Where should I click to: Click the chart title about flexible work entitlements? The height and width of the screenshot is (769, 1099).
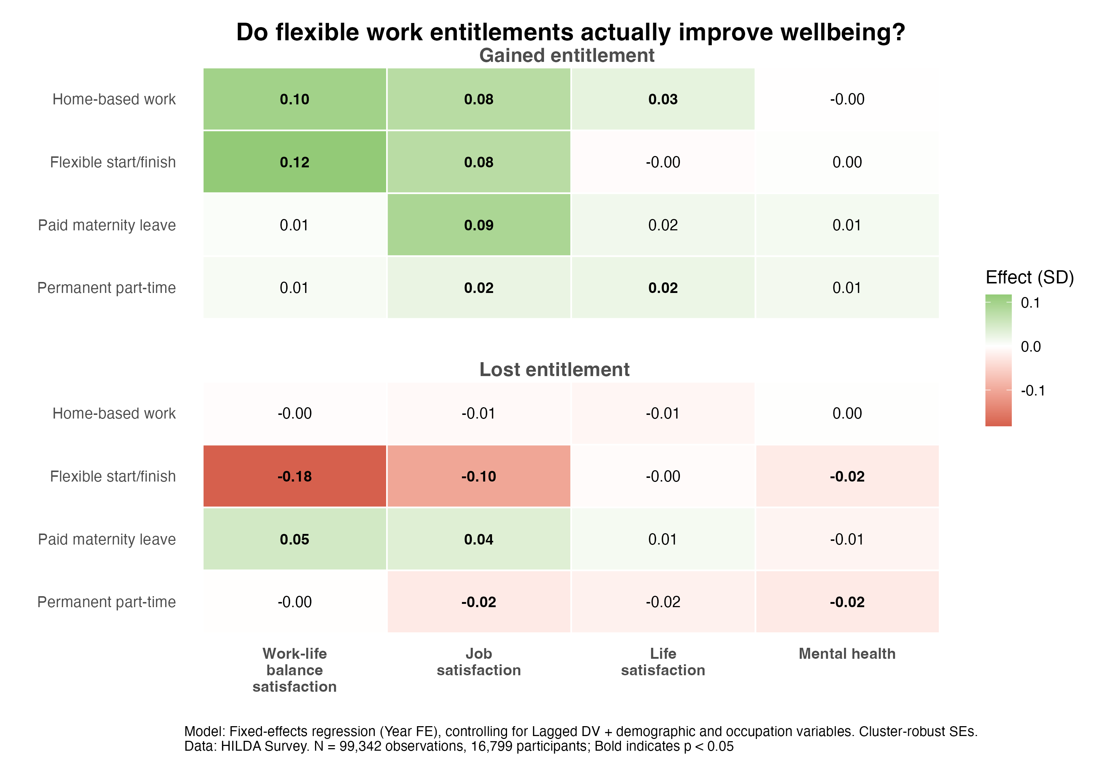(570, 33)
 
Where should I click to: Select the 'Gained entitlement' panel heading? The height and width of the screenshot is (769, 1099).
(566, 56)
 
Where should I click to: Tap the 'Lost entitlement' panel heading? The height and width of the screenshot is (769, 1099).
(554, 369)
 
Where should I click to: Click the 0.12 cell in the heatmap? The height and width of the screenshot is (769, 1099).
(295, 162)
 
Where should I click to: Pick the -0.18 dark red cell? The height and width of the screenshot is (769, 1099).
(295, 476)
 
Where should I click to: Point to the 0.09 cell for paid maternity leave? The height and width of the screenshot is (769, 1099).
(479, 225)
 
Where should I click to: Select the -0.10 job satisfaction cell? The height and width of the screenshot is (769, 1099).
(479, 476)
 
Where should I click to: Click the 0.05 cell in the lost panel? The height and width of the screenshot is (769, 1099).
(295, 539)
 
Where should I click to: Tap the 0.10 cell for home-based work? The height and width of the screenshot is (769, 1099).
(295, 99)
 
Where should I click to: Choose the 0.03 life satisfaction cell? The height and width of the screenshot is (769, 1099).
(663, 99)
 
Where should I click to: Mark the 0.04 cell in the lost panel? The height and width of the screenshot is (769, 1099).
(479, 539)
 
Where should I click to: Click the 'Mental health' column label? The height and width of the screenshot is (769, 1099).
(847, 654)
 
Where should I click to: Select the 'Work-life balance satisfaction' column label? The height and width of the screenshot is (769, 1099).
(295, 670)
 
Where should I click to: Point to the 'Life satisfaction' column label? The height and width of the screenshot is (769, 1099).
(663, 662)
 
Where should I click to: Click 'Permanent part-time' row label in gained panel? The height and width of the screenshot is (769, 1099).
(107, 287)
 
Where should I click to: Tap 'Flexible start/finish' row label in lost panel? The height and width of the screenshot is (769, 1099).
(113, 476)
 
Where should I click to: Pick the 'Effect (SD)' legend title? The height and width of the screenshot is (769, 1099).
(1029, 277)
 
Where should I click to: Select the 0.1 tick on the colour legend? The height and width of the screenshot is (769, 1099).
(1030, 303)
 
